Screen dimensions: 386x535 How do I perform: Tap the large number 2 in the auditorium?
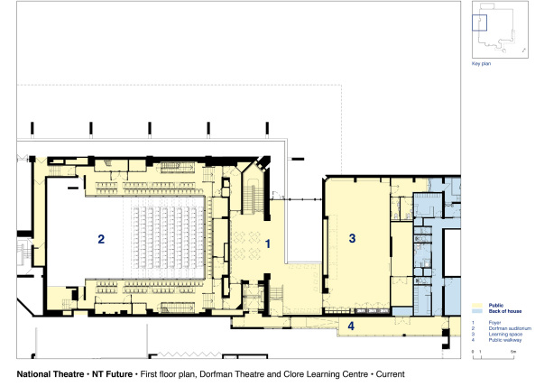point(101,239)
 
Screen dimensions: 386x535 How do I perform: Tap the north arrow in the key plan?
point(513,41)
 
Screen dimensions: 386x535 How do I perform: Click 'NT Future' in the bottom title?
point(110,373)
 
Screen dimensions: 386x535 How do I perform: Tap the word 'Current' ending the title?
point(389,373)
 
